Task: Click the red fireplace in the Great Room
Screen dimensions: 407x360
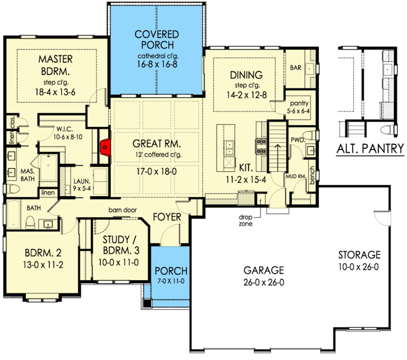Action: pos(105,147)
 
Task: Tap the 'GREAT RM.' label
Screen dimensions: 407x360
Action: pos(157,144)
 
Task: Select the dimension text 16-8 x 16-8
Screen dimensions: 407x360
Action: pos(157,64)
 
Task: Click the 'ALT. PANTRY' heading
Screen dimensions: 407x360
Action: pos(370,149)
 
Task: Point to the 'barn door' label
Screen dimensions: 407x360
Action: pos(123,210)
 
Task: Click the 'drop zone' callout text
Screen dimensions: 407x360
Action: pos(246,220)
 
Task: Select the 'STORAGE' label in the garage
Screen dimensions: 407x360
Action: pos(359,255)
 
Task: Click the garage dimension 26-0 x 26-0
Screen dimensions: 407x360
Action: pos(264,282)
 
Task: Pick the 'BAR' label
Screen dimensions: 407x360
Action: pos(296,68)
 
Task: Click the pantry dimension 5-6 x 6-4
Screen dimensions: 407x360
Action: pos(298,111)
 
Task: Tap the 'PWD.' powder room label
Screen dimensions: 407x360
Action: pos(298,140)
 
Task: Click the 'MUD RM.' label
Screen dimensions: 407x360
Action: pos(296,177)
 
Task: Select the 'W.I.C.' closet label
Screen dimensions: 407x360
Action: pos(65,129)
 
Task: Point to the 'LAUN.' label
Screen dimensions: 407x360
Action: pos(82,181)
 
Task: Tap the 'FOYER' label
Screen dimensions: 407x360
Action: pos(167,217)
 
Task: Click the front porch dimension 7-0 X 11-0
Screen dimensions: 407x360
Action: pos(171,281)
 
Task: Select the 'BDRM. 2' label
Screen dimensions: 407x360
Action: pos(43,253)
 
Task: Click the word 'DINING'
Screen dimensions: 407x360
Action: pos(246,75)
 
